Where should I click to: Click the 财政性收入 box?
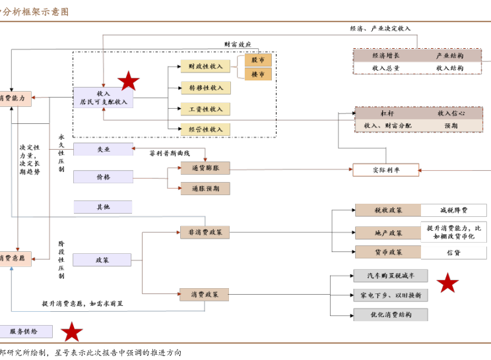(x=205, y=66)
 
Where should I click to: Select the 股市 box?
(x=258, y=60)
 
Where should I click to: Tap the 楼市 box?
(x=258, y=75)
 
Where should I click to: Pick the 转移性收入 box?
(x=205, y=87)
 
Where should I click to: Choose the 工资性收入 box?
(x=205, y=108)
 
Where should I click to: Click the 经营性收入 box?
(x=205, y=129)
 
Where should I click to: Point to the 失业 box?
(x=103, y=150)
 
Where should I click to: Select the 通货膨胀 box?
(x=205, y=168)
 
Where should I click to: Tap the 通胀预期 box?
(x=205, y=189)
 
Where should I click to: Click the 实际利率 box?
(x=386, y=170)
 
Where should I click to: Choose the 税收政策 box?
(x=387, y=210)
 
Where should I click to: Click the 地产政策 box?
(x=387, y=233)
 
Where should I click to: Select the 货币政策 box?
(x=387, y=252)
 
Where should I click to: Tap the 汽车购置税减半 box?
(x=389, y=276)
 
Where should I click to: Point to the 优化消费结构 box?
(x=389, y=315)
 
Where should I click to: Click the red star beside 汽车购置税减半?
(x=448, y=284)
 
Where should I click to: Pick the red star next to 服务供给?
(x=72, y=332)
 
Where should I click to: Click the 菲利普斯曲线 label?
(x=169, y=153)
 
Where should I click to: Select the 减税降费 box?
(x=454, y=210)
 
